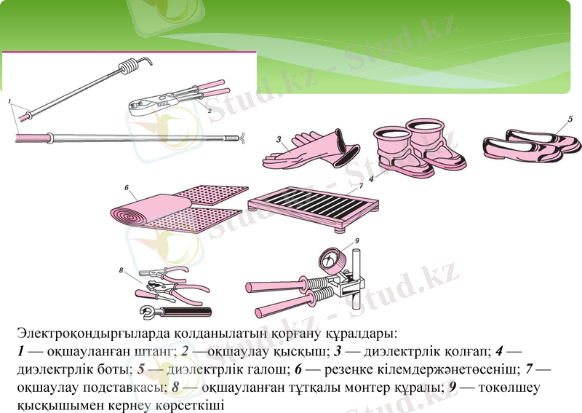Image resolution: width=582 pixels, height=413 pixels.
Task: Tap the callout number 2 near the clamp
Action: point(210,111)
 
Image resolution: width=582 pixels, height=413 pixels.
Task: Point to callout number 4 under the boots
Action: point(370,177)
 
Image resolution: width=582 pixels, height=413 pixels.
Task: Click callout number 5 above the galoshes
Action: point(570,118)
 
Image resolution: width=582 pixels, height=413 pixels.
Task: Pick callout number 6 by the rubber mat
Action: point(127,188)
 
